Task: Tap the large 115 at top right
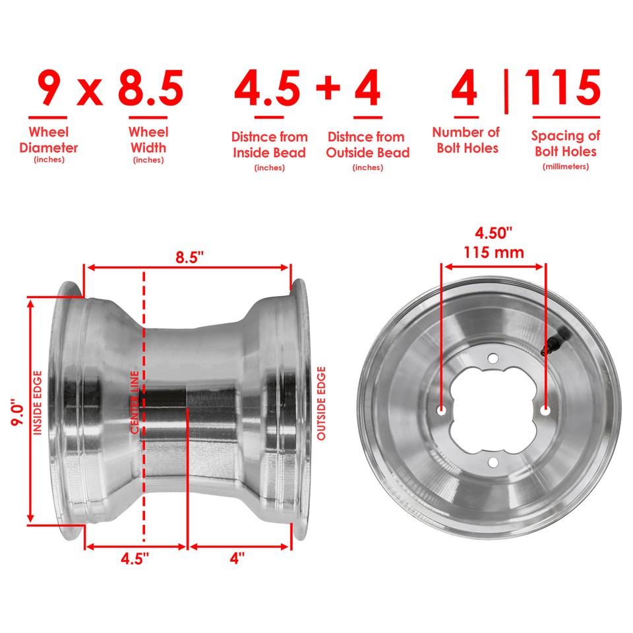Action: tap(563, 88)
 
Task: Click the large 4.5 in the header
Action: tap(268, 90)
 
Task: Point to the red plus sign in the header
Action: tap(327, 91)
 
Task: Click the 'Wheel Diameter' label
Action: tap(49, 140)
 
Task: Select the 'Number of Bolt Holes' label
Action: tap(466, 140)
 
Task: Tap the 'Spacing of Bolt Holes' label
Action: tap(565, 143)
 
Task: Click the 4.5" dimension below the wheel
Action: tap(135, 558)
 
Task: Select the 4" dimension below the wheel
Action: tap(237, 558)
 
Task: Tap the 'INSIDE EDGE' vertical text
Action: tap(38, 404)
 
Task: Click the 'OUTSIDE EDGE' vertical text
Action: tap(321, 404)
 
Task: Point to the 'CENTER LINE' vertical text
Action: tap(135, 402)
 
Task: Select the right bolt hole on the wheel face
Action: tap(545, 409)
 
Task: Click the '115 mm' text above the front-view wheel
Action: tap(493, 252)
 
